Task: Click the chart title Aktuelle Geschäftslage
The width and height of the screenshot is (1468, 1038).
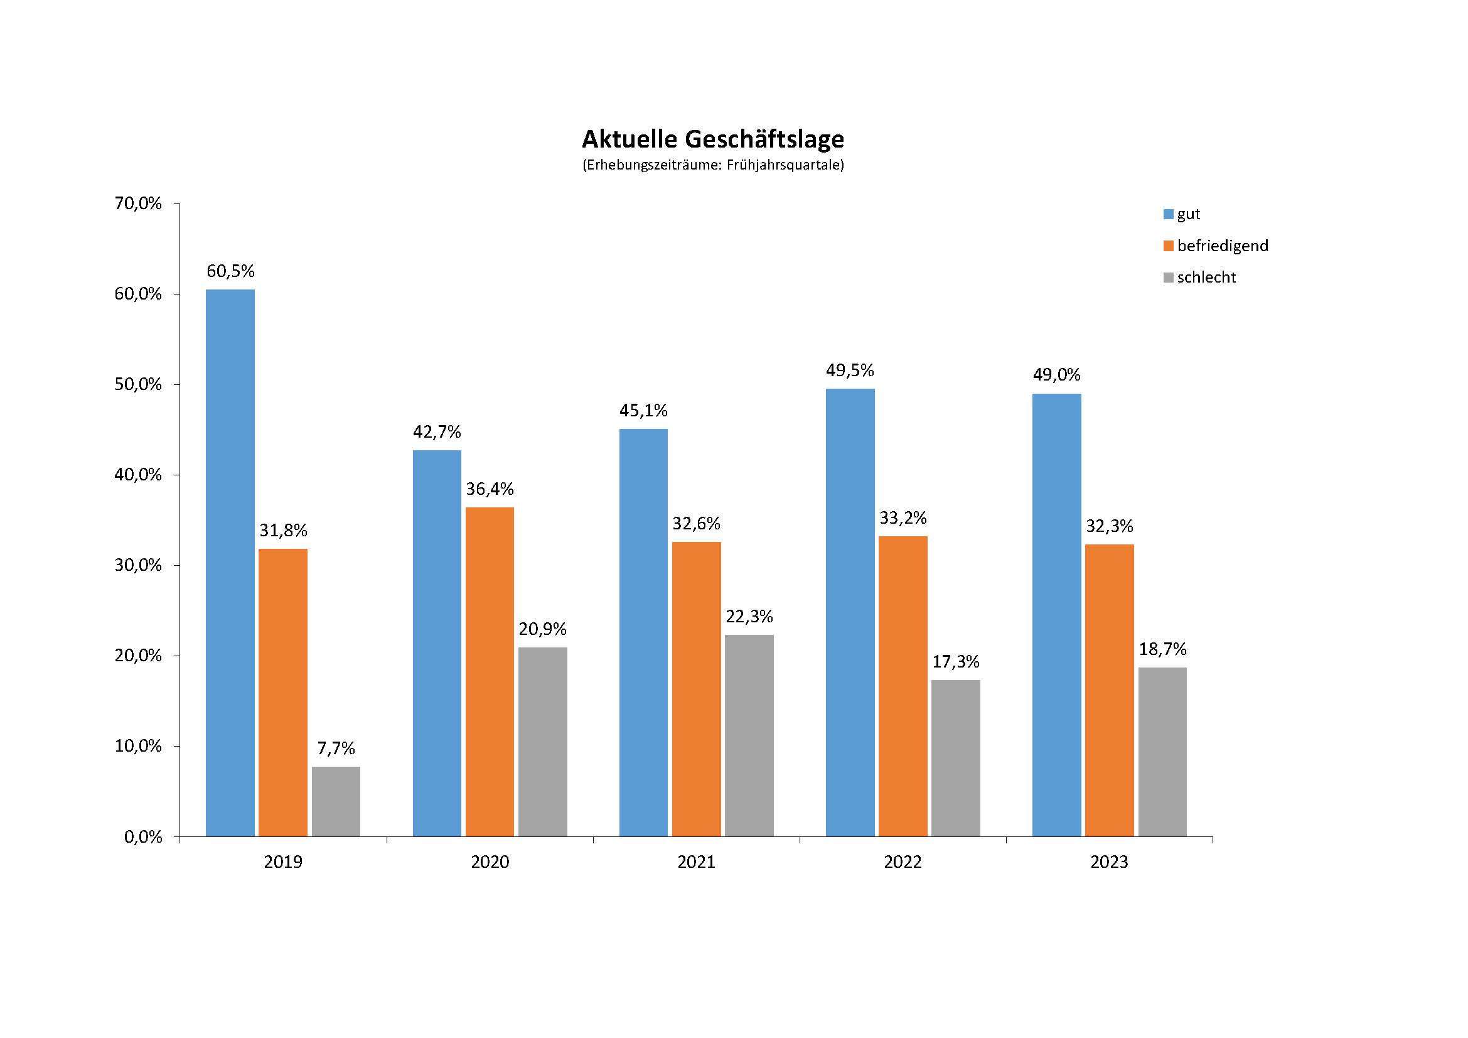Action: tap(712, 139)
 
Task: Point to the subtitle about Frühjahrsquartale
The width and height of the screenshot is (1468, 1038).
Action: tap(712, 165)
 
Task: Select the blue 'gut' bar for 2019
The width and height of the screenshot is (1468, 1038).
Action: tap(230, 563)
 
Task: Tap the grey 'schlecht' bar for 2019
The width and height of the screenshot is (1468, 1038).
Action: tap(336, 801)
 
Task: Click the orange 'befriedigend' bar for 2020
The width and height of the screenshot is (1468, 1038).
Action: tap(490, 671)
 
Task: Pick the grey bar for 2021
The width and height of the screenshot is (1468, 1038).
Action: tap(749, 735)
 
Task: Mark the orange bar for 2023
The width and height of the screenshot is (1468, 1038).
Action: tap(1110, 690)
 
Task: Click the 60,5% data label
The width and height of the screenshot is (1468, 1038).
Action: tap(230, 271)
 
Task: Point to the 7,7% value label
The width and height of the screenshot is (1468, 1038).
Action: tap(336, 749)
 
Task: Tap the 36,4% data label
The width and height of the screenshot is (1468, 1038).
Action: tap(490, 489)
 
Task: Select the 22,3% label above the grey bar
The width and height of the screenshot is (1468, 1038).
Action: tap(749, 617)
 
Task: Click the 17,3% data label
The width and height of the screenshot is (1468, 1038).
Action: tap(956, 661)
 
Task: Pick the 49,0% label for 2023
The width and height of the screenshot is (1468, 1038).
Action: tap(1057, 375)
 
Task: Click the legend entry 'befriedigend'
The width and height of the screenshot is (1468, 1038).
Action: tap(1223, 246)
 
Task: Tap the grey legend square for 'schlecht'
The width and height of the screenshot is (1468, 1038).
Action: tap(1169, 278)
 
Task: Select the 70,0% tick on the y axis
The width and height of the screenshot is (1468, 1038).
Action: tap(138, 203)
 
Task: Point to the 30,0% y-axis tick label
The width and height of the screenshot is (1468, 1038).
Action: tap(138, 565)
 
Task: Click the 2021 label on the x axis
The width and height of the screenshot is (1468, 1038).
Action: tap(696, 862)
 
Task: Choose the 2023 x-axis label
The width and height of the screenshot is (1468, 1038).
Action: tap(1109, 862)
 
